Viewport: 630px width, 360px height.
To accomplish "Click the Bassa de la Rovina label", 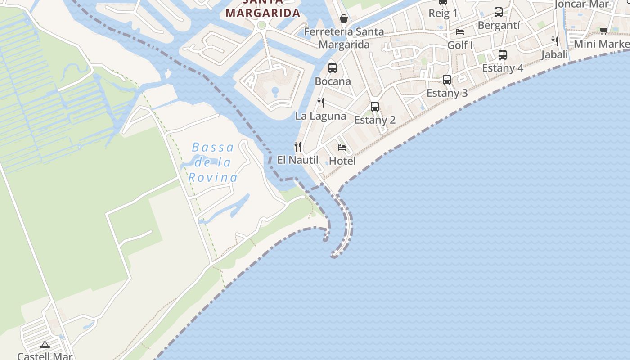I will coord(212,162).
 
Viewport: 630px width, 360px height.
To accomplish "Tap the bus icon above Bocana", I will coord(333,68).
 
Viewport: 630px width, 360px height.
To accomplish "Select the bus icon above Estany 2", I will coord(375,107).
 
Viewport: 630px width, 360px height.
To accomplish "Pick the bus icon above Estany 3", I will coord(447,80).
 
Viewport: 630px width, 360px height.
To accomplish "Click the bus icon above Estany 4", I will coord(503,55).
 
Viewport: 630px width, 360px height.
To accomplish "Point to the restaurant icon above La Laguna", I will coord(321,103).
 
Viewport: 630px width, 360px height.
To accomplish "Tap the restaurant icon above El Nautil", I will coord(297,146).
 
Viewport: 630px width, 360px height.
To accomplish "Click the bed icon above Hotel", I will coord(342,148).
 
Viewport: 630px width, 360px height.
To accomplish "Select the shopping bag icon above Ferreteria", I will coord(344,18).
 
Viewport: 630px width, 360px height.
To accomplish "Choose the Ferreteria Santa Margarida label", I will coord(344,38).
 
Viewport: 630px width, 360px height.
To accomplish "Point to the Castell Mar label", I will coord(45,356).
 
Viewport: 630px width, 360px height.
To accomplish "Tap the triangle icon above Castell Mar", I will coord(45,345).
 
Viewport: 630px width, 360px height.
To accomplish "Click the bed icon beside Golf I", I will coord(460,31).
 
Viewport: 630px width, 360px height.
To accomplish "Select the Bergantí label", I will coord(499,25).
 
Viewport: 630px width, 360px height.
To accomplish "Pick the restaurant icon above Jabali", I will coord(555,41).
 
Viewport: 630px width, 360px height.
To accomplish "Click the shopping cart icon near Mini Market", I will coord(604,31).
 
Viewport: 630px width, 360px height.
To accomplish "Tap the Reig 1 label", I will coord(443,13).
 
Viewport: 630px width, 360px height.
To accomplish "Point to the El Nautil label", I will coord(297,160).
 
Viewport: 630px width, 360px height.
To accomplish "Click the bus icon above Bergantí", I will coord(499,12).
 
